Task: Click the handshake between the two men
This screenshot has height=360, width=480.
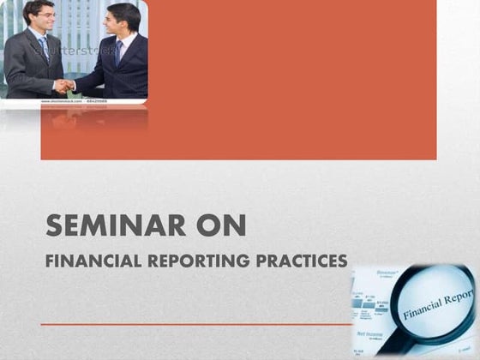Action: (x=64, y=85)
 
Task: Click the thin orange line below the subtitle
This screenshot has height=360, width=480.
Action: (x=197, y=325)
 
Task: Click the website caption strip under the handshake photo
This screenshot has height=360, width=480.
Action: (x=73, y=101)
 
